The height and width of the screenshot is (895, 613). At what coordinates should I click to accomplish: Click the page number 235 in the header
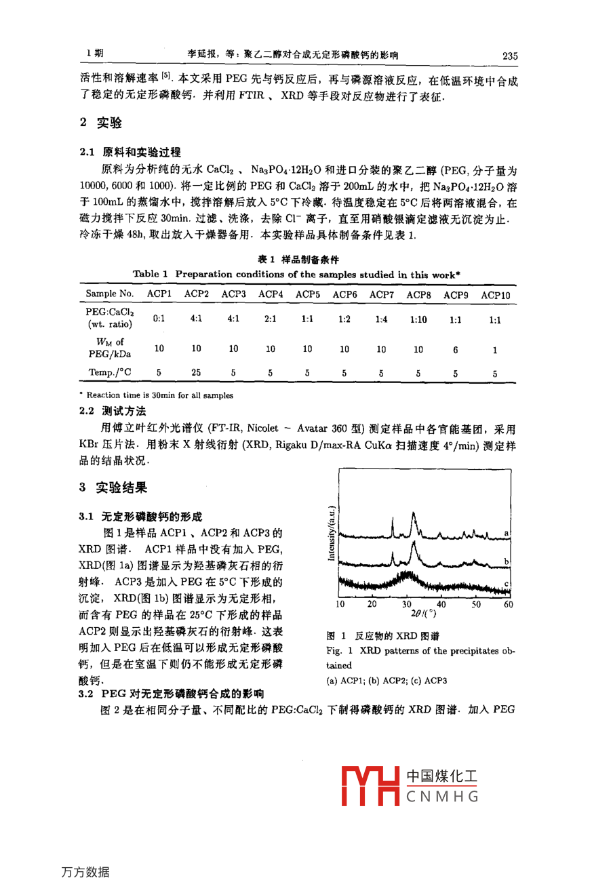(509, 56)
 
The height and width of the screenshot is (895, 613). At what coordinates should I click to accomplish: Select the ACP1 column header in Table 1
(159, 294)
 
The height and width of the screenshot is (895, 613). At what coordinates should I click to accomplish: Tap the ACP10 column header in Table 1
(495, 295)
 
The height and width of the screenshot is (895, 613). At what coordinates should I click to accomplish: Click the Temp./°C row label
(110, 372)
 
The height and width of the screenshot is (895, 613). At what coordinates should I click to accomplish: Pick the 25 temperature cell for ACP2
(196, 372)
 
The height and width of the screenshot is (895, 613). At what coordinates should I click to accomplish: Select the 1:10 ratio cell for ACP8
(418, 319)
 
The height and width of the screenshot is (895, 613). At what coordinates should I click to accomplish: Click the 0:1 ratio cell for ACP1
(159, 318)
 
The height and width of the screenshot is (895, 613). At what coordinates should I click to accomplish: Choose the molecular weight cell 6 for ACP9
(456, 349)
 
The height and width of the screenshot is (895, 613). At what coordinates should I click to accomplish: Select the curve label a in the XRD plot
(506, 534)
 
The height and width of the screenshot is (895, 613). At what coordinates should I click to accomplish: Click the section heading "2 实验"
(101, 123)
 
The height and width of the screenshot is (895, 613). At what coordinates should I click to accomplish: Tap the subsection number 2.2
(87, 412)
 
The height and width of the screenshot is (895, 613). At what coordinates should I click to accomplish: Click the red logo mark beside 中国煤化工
(370, 785)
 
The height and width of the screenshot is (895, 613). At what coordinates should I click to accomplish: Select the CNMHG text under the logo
(443, 797)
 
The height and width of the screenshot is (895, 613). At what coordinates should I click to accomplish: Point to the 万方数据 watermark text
(85, 872)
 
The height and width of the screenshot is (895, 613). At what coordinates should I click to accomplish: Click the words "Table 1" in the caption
(150, 275)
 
